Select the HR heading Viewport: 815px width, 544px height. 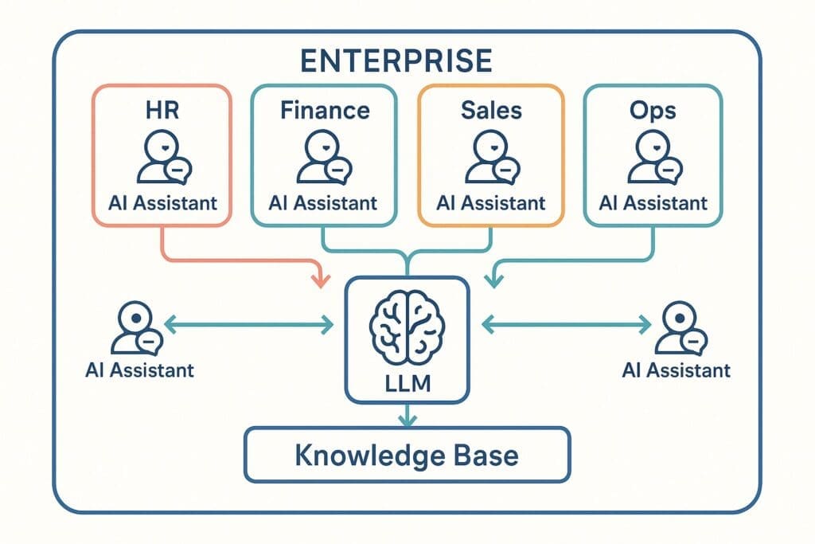(x=162, y=110)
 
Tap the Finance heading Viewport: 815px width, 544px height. (x=325, y=110)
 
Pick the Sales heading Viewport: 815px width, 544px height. (x=491, y=110)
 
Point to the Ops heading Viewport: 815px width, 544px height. (x=654, y=110)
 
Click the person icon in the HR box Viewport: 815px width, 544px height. (x=162, y=157)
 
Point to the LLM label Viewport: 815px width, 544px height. (x=407, y=383)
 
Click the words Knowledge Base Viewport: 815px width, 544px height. (x=407, y=455)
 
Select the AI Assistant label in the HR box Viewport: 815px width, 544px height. (x=162, y=202)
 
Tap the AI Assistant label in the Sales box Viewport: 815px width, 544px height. (x=491, y=202)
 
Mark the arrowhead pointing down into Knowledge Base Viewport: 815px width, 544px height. (x=407, y=420)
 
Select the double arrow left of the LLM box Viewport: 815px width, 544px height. (x=248, y=323)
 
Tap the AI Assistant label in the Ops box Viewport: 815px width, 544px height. (x=654, y=202)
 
